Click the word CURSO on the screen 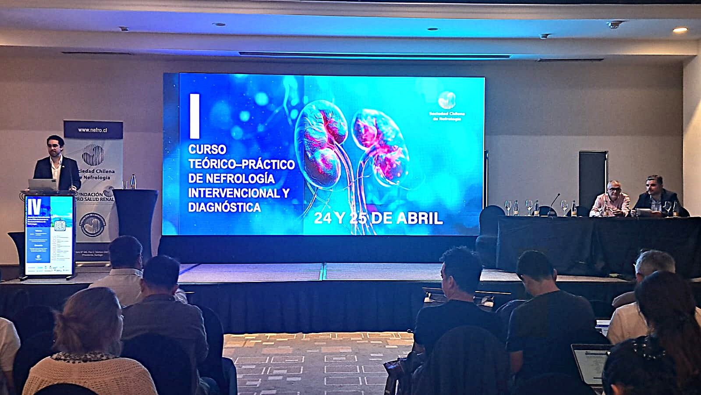pyautogui.click(x=207, y=149)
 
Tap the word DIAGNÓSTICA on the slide pyautogui.click(x=224, y=207)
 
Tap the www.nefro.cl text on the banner pyautogui.click(x=93, y=130)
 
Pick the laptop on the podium pyautogui.click(x=42, y=184)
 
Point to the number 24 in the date pyautogui.click(x=323, y=218)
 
